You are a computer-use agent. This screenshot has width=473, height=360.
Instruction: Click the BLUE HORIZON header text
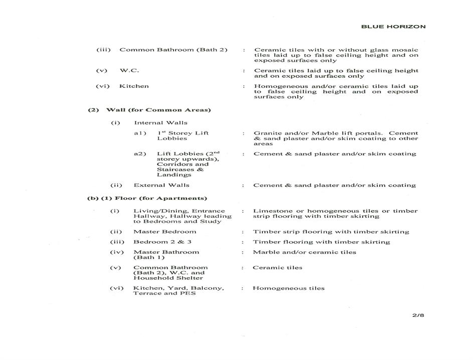click(393, 27)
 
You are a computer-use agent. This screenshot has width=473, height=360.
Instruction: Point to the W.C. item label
click(129, 71)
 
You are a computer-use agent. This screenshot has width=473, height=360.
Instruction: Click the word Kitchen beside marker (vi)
click(134, 86)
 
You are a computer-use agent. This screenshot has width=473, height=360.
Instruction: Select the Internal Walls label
click(161, 123)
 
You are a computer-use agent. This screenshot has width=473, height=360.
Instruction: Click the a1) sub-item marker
click(140, 134)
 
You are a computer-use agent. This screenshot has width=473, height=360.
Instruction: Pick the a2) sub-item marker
click(140, 154)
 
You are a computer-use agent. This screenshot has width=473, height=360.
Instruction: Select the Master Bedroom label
click(165, 232)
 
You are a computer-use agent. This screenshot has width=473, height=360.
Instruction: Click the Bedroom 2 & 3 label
click(161, 242)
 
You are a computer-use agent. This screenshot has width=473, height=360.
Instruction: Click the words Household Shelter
click(168, 278)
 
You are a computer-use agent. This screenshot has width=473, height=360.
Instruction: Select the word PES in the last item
click(189, 293)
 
